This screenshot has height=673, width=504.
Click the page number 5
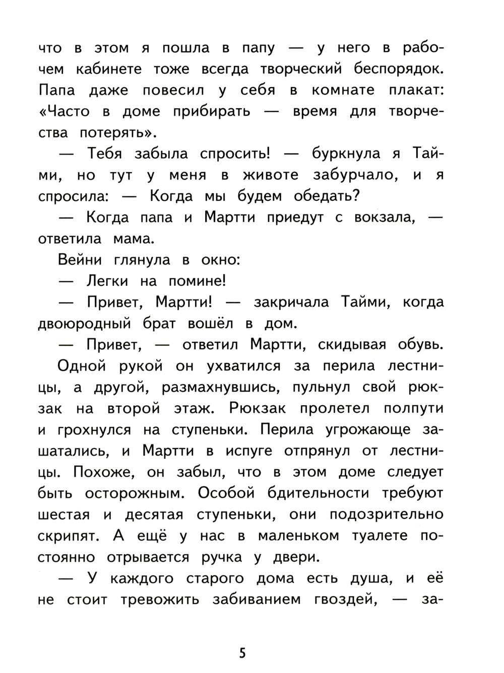tap(242, 653)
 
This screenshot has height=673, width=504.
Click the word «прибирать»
tap(211, 112)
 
